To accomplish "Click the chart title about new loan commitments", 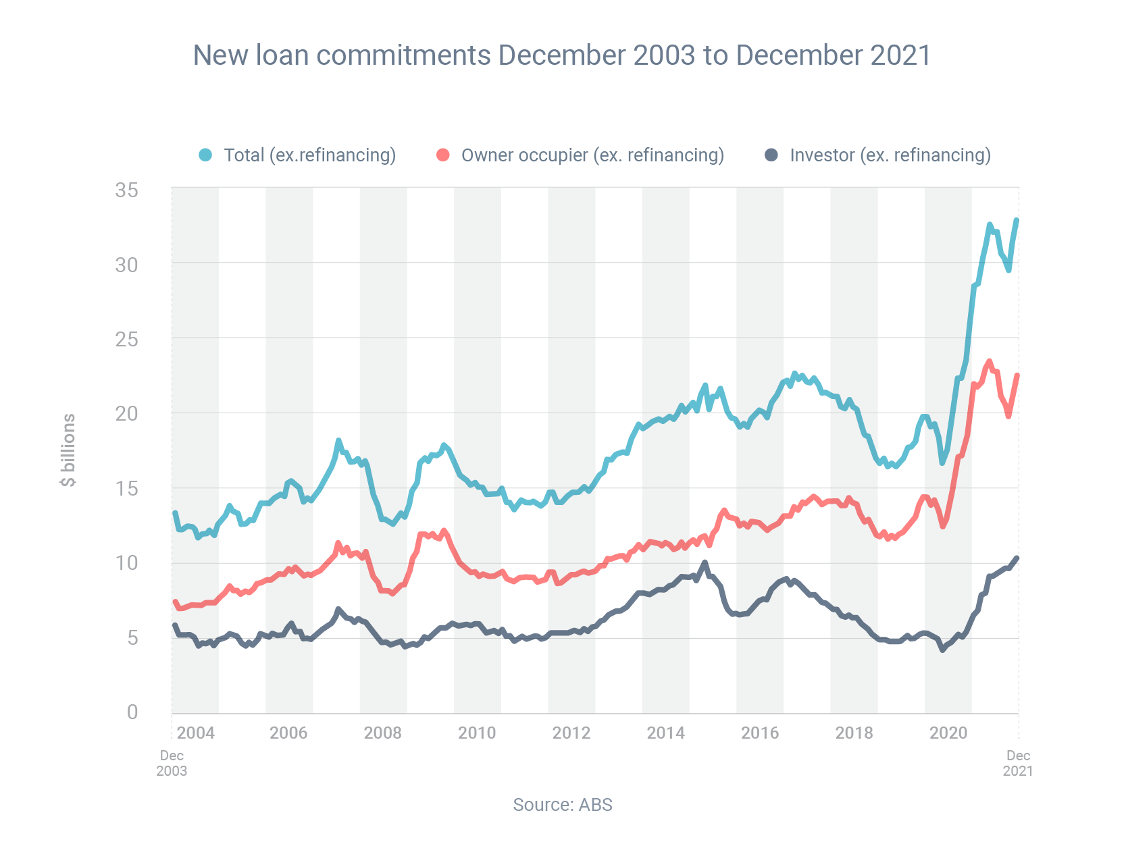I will (562, 55).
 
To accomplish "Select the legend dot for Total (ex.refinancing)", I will (205, 155).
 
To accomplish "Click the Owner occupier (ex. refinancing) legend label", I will (592, 155).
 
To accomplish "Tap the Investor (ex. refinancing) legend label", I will (890, 155).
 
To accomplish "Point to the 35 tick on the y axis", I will (126, 190).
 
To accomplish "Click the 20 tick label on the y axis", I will (126, 413).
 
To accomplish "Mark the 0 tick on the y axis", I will (132, 712).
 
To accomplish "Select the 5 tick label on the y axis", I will (132, 637).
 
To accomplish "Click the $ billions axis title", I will (68, 450).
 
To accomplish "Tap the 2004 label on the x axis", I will (195, 733).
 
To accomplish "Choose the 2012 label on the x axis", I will (571, 733).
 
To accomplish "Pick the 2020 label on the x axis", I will (948, 733).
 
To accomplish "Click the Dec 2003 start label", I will (172, 763).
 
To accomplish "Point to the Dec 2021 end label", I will (1018, 763).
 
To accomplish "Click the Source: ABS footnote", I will (562, 805).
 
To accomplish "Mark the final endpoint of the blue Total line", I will (1017, 220).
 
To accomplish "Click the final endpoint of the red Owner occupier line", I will (1017, 375).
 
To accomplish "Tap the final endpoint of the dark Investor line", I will (1017, 558).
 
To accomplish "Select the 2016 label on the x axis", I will (760, 733).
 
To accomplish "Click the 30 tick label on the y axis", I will (126, 265).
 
